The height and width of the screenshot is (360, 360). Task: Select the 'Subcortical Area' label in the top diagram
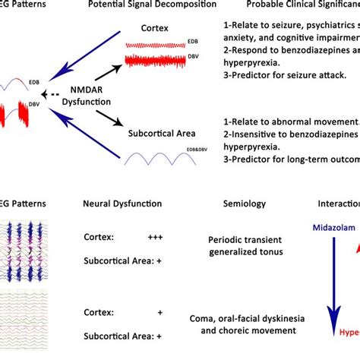point(163,134)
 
